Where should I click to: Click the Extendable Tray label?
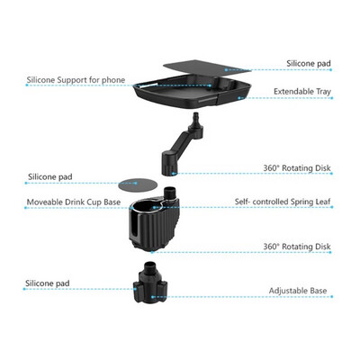[302, 92]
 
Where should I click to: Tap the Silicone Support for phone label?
[76, 80]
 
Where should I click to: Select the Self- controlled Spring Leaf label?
[283, 202]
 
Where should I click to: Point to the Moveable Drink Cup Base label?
[74, 202]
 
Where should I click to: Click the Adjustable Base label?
[298, 291]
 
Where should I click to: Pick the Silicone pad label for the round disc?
[50, 176]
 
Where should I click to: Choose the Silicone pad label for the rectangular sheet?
[309, 64]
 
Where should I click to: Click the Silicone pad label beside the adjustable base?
[48, 283]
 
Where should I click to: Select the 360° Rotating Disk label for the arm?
[297, 168]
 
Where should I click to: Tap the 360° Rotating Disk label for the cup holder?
[297, 247]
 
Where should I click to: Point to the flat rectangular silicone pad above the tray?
[207, 67]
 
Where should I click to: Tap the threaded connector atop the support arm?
[196, 117]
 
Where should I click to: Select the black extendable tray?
[192, 92]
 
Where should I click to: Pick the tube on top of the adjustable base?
[150, 267]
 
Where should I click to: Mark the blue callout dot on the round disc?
[136, 183]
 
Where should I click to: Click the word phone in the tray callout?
[113, 81]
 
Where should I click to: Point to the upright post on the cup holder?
[171, 195]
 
